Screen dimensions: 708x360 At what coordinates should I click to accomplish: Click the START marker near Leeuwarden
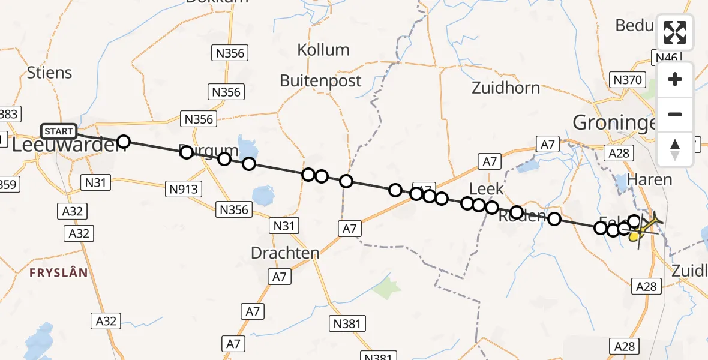(59, 131)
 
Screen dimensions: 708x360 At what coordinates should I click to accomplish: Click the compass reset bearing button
(675, 149)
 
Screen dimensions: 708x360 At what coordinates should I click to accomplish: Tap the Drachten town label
(285, 253)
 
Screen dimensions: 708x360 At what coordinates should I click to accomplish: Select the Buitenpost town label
(321, 81)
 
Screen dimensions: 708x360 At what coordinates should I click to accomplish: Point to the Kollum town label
(323, 50)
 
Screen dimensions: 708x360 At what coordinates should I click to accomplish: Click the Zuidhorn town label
(506, 88)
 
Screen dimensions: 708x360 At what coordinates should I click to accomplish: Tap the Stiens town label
(50, 73)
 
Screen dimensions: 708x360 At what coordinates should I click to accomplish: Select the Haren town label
(649, 179)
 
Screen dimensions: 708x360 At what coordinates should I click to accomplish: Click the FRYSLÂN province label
(59, 272)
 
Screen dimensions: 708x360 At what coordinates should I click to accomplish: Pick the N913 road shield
(184, 190)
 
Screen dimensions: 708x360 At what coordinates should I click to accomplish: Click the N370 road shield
(628, 80)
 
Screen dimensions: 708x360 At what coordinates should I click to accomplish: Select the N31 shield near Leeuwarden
(97, 182)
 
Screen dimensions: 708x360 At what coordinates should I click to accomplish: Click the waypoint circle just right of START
(124, 142)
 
